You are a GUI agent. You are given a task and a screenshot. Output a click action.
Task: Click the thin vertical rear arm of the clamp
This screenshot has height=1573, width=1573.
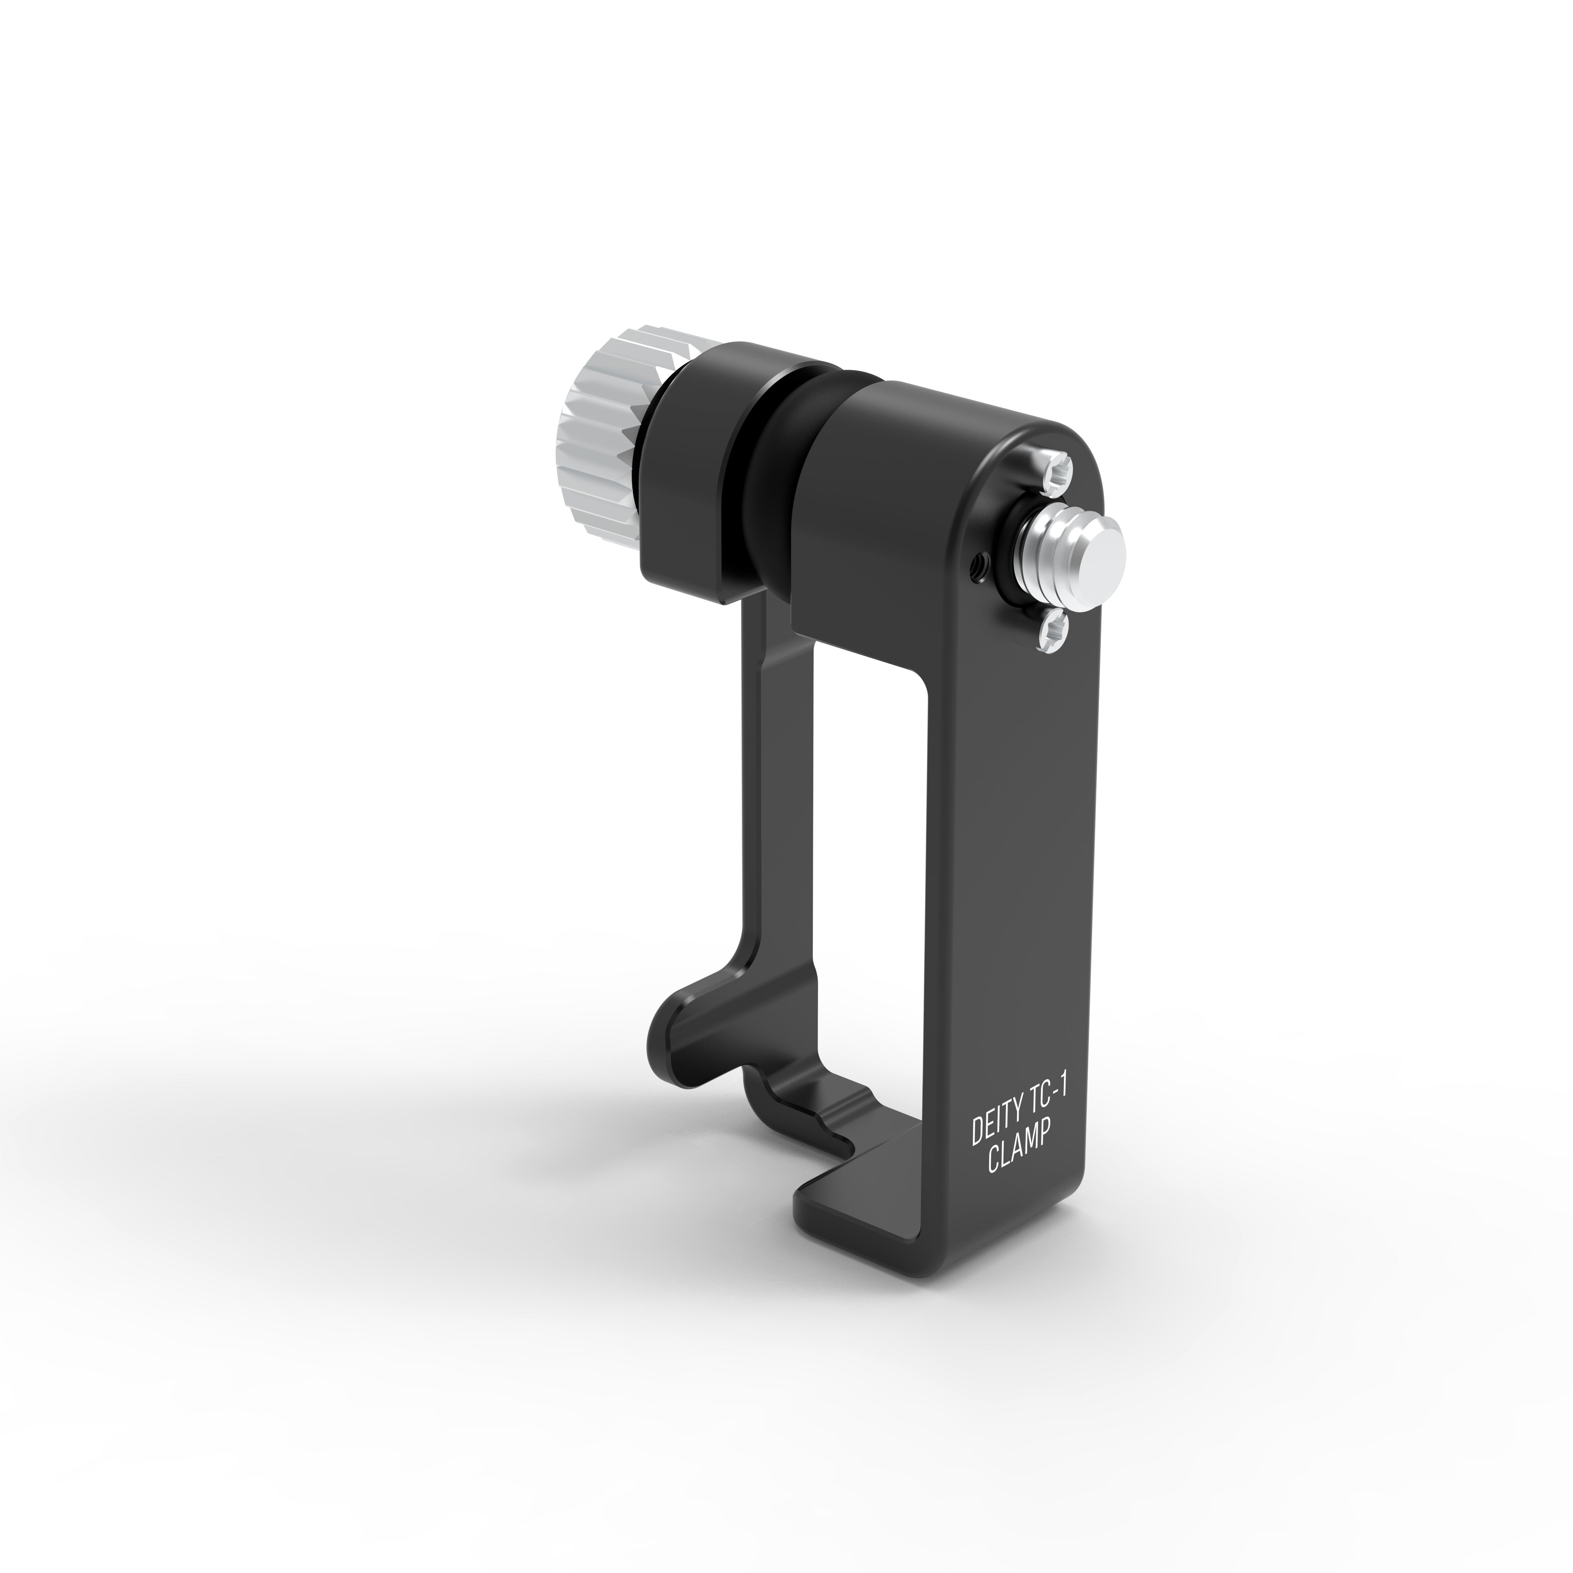tap(757, 774)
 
